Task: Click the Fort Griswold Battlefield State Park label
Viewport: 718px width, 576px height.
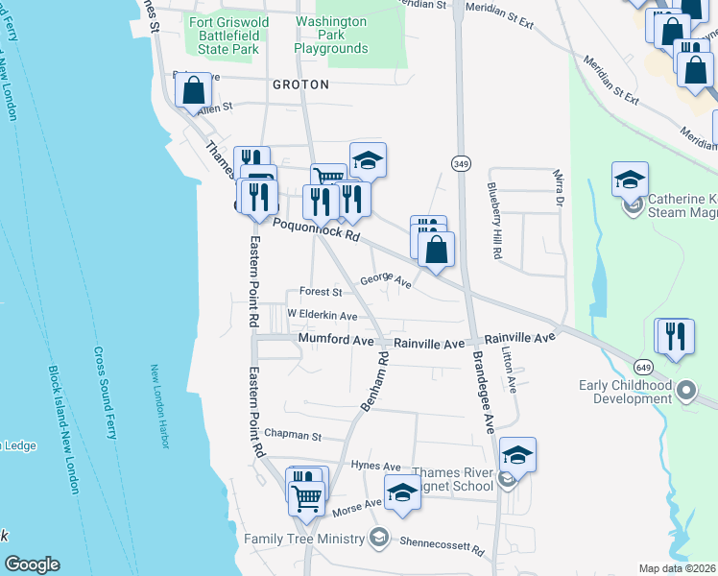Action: tap(224, 35)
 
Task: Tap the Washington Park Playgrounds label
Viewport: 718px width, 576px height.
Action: tap(330, 35)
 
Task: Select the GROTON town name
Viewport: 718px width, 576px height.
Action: tap(300, 84)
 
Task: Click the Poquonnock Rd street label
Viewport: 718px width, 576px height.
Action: tap(316, 229)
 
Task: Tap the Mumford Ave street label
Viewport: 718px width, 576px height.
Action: tap(333, 339)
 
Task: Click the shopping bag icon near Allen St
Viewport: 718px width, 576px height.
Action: tap(194, 91)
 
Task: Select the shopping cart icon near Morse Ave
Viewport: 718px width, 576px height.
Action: tap(306, 497)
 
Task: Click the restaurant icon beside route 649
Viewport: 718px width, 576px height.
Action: tap(675, 336)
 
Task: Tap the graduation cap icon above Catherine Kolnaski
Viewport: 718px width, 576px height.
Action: tap(630, 179)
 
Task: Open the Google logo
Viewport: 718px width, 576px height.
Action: tap(32, 564)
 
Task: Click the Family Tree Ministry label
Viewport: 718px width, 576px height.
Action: tap(305, 538)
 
